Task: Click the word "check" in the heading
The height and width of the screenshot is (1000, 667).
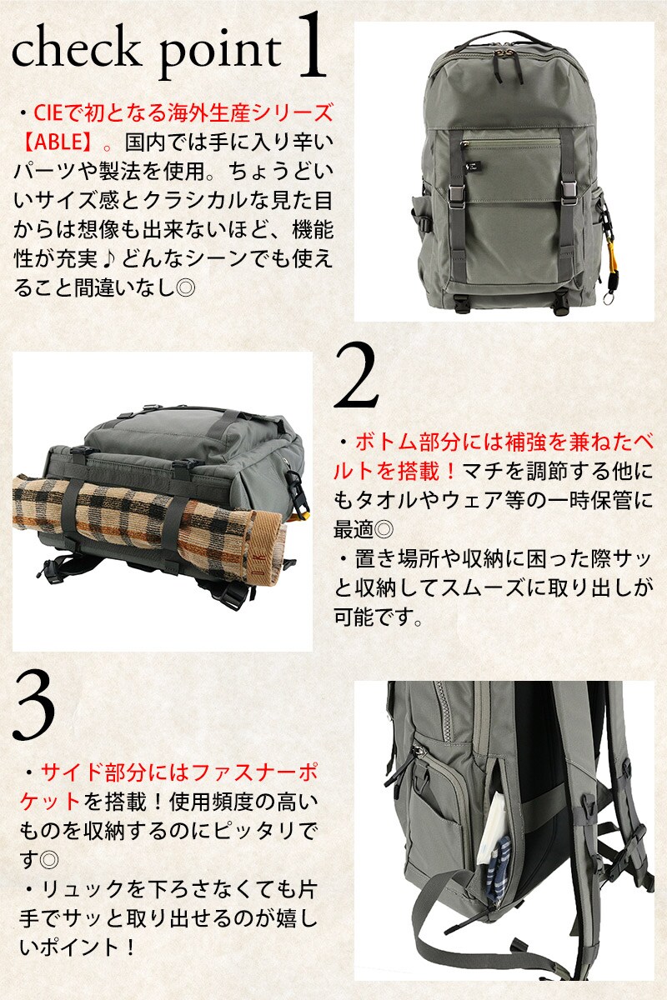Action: tap(75, 49)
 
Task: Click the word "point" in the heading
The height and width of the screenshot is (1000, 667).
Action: tap(221, 54)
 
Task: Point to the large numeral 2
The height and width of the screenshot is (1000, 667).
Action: tap(356, 376)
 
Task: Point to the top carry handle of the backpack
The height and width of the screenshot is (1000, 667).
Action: tap(504, 39)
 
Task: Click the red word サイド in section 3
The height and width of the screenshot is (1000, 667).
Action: tap(72, 773)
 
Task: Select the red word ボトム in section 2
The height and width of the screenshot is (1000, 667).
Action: tap(386, 442)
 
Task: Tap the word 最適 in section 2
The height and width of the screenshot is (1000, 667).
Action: tap(353, 529)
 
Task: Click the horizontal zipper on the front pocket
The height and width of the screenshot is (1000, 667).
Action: tap(510, 143)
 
